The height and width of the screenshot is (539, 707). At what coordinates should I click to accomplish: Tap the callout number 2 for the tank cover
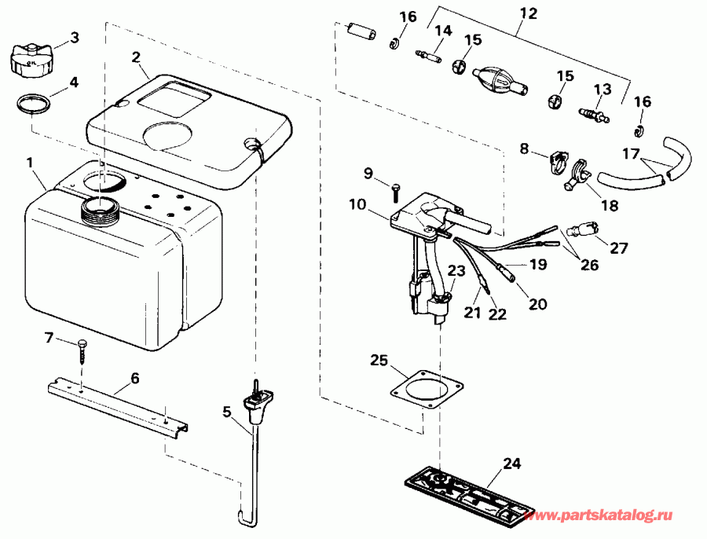(135, 57)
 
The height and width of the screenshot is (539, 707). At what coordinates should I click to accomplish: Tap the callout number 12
(529, 13)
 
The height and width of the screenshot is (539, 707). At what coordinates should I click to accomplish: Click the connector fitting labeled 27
(581, 229)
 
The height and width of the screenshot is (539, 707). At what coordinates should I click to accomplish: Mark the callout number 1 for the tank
(30, 163)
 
